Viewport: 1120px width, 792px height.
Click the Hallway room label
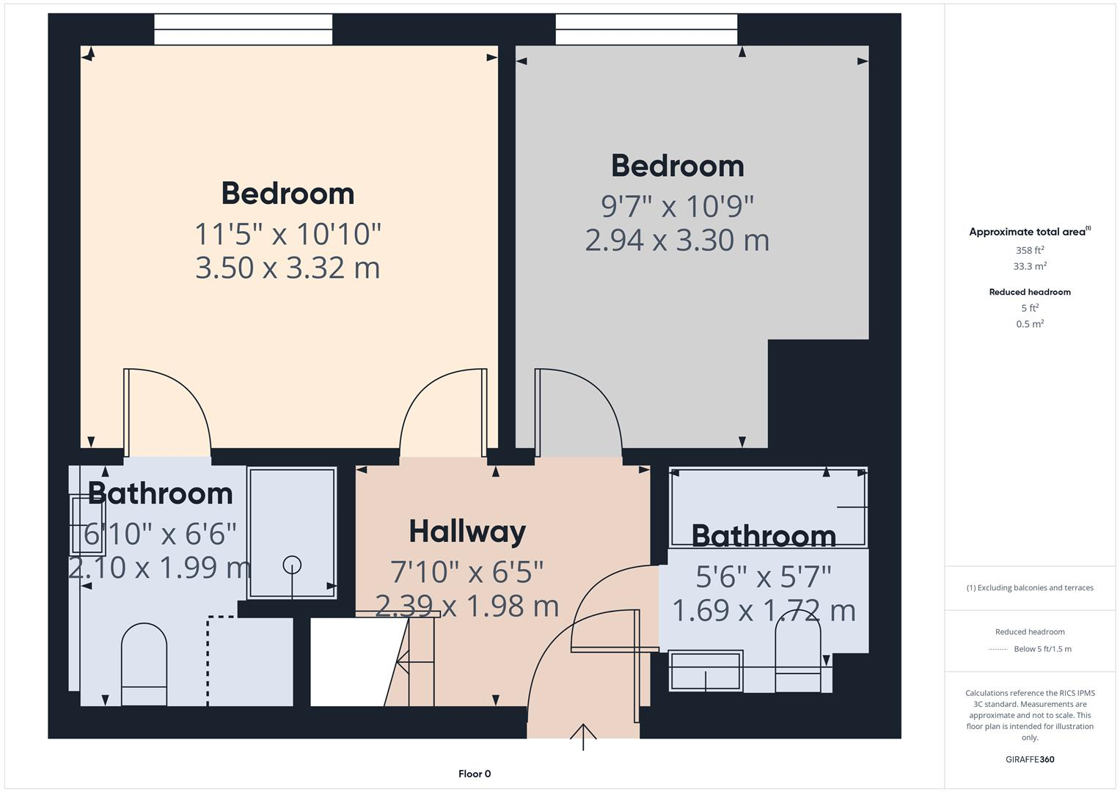[467, 532]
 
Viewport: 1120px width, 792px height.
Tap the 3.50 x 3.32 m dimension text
[288, 268]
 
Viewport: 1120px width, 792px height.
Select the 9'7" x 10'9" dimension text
[677, 207]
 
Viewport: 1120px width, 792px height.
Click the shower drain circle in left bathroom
[292, 565]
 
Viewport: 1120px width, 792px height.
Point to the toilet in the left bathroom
[144, 664]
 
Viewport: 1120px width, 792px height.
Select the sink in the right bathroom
[705, 670]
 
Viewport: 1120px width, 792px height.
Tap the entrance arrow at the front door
[583, 736]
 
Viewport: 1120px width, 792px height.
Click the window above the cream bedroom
[243, 29]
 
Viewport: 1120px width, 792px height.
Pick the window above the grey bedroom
[646, 29]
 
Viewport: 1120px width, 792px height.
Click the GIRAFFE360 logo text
[1030, 759]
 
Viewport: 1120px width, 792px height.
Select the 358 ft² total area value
[1030, 250]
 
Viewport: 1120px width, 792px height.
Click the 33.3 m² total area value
[1030, 266]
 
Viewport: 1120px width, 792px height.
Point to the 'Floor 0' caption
[475, 774]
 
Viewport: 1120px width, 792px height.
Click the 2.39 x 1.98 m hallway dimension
[467, 606]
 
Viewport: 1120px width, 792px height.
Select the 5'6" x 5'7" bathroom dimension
[764, 577]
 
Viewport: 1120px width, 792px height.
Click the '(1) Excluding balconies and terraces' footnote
[1030, 587]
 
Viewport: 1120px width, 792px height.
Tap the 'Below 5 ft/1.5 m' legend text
[1042, 649]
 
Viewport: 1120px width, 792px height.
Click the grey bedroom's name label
[677, 166]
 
